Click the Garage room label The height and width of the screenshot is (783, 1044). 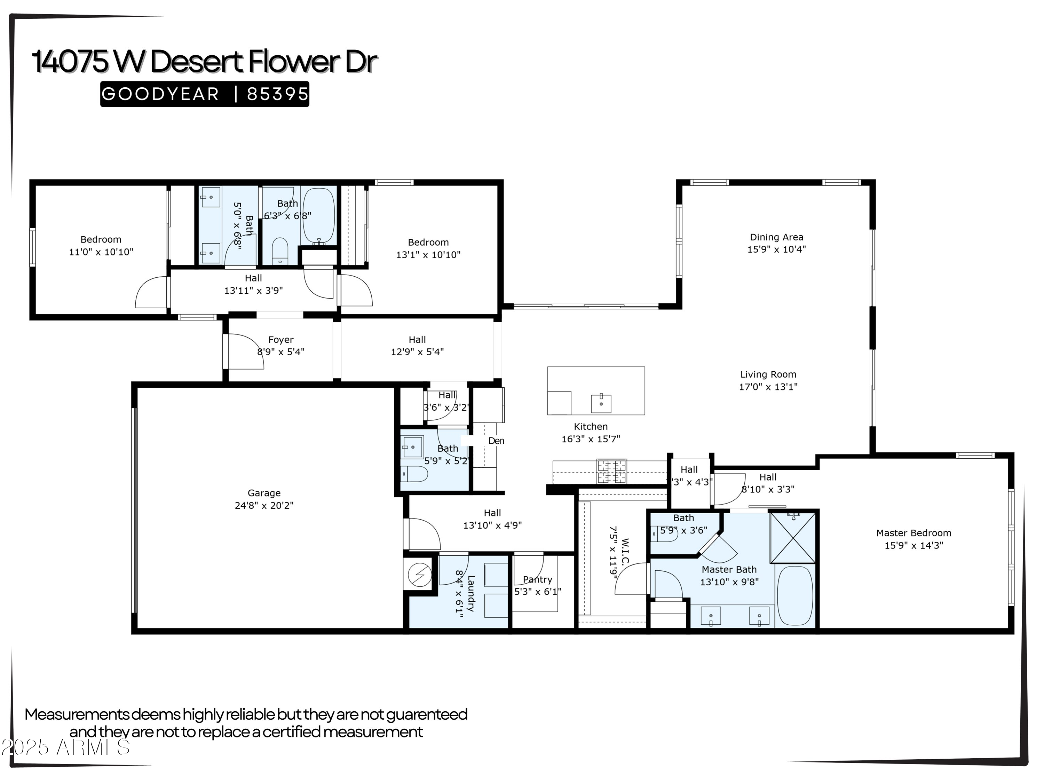(x=264, y=493)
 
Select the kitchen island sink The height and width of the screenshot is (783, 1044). (x=601, y=404)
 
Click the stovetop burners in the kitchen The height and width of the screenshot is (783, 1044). (x=612, y=472)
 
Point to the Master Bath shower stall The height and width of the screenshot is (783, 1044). (x=793, y=538)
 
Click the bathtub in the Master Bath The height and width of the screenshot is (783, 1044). (x=795, y=596)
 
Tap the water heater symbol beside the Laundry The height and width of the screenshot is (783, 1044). (x=419, y=575)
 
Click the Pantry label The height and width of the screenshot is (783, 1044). (x=537, y=579)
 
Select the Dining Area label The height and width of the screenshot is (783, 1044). (x=776, y=237)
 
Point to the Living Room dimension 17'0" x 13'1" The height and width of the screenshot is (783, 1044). (x=768, y=387)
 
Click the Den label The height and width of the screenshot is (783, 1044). (x=496, y=441)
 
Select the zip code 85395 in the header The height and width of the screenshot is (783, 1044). (x=277, y=94)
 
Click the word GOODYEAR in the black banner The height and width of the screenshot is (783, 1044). (x=160, y=94)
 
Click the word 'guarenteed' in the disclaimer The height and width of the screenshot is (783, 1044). (x=427, y=714)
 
